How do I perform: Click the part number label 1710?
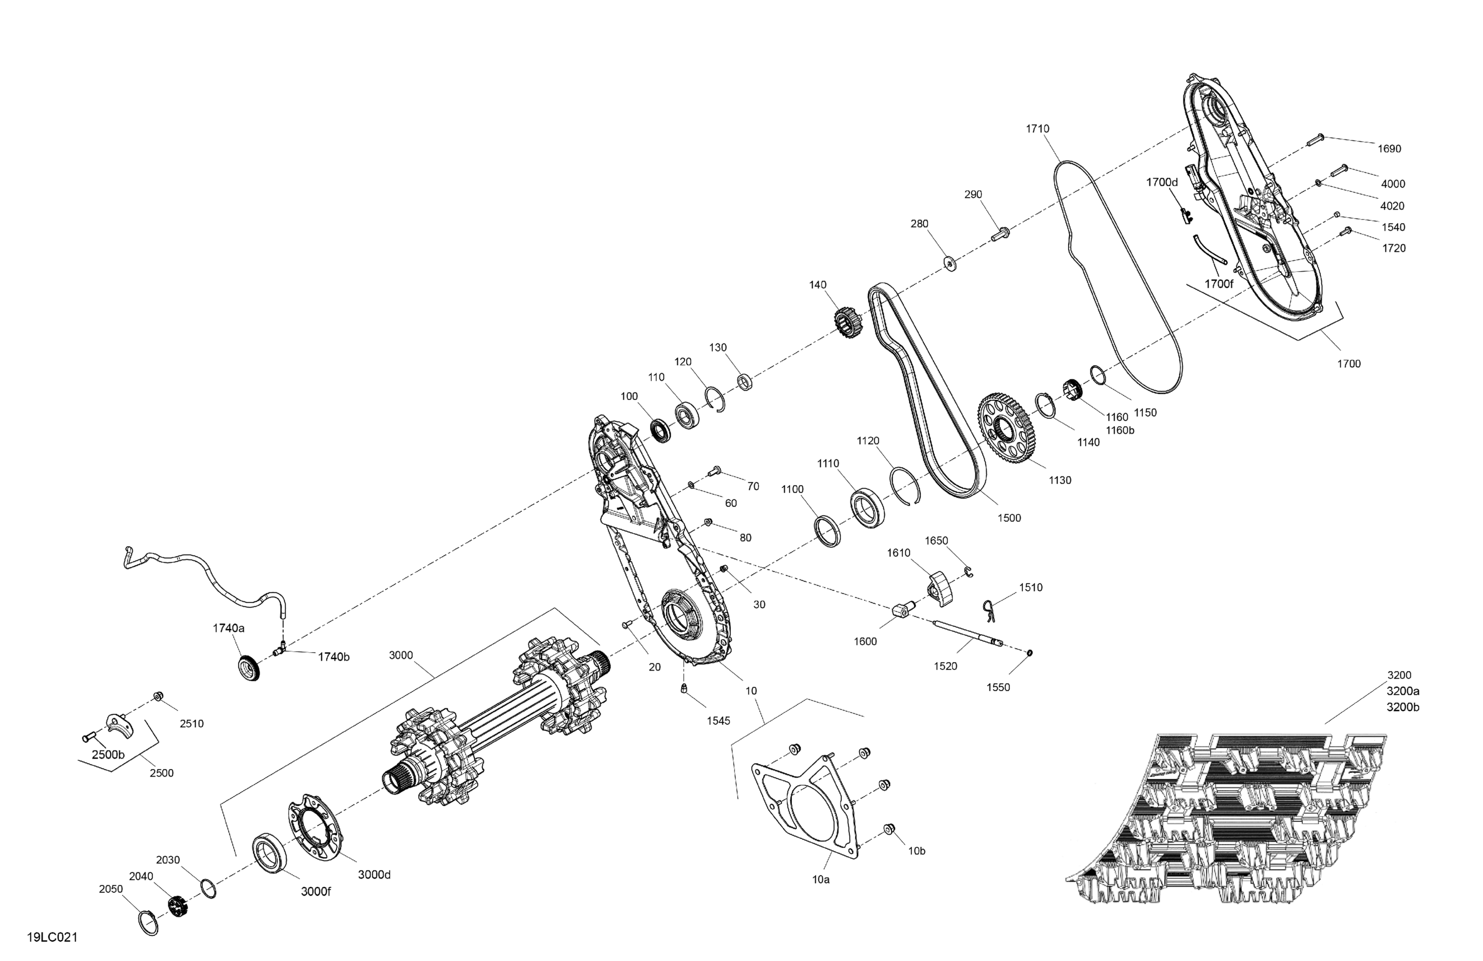1038,129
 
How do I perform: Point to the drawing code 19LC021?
52,937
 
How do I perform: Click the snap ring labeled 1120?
907,485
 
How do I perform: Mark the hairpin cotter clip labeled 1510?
988,610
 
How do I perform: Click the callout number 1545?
718,720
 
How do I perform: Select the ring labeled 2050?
148,922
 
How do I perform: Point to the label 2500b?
108,755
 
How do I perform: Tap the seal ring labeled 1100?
828,531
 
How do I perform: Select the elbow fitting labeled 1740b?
279,652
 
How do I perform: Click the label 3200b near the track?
1402,708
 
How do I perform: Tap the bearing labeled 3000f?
270,853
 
